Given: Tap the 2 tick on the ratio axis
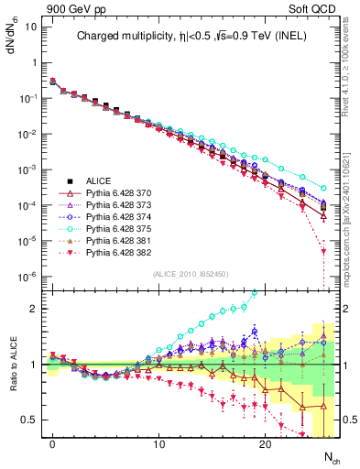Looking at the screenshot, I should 34,309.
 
